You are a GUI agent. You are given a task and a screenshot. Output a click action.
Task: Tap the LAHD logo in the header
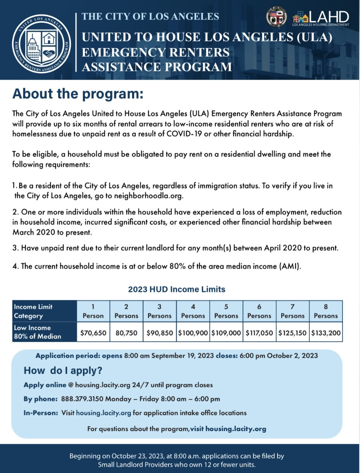point(321,18)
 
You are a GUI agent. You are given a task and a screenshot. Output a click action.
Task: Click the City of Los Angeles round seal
point(276,17)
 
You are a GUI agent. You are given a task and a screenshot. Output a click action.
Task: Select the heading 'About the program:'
point(78,94)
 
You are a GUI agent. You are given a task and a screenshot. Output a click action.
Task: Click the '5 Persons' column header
point(226,311)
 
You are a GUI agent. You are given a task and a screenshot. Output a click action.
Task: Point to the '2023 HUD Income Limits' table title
point(177,290)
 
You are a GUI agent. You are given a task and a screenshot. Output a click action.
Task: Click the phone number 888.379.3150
point(81,399)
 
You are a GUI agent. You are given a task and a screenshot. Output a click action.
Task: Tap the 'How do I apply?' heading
point(63,371)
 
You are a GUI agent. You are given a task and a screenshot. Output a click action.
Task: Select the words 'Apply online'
point(45,385)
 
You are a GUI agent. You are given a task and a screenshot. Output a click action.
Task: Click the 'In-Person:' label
point(41,413)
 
